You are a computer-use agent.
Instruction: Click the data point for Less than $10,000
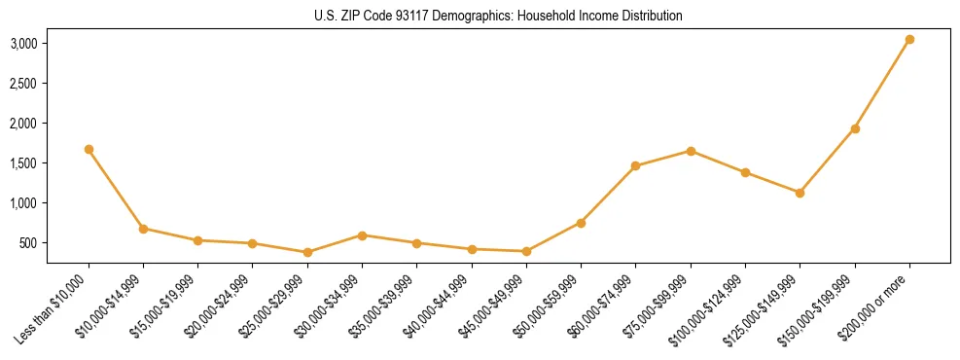pyautogui.click(x=89, y=149)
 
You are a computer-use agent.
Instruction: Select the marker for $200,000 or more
pyautogui.click(x=909, y=40)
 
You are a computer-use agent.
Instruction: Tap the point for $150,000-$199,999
pyautogui.click(x=855, y=128)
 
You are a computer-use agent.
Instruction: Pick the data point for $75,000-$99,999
pyautogui.click(x=691, y=151)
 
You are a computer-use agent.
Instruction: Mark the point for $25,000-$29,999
pyautogui.click(x=307, y=252)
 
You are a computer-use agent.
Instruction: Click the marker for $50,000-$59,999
pyautogui.click(x=581, y=223)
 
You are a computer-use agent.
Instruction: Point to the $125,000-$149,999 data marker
pyautogui.click(x=800, y=193)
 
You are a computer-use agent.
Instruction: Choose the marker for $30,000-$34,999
pyautogui.click(x=362, y=235)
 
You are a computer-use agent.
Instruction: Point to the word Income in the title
pyautogui.click(x=587, y=17)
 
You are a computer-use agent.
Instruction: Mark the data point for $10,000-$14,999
pyautogui.click(x=143, y=229)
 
